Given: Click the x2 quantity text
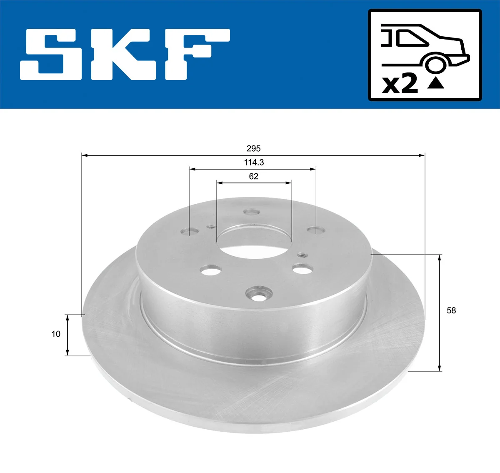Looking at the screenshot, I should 400,84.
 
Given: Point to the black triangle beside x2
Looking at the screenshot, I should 435,83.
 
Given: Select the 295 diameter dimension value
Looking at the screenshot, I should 253,148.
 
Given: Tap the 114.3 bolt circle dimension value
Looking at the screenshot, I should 254,163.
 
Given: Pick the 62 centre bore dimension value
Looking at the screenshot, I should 253,177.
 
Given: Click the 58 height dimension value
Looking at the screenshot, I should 451,310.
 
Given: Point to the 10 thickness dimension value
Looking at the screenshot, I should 56,334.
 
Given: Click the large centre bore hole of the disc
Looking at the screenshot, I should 253,242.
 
